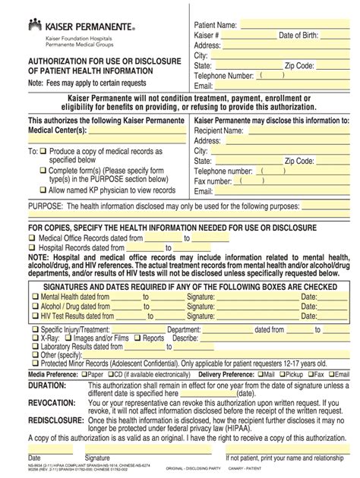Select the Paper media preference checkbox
point(84,374)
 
